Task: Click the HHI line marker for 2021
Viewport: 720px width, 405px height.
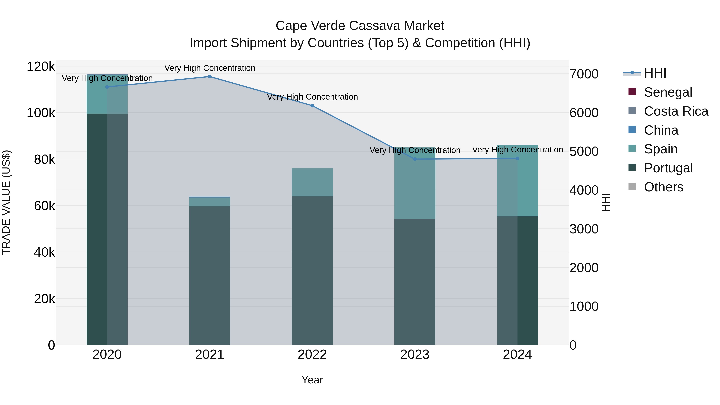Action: click(210, 77)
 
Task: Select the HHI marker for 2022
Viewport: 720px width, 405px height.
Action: click(312, 106)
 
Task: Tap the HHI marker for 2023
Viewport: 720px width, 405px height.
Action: click(415, 159)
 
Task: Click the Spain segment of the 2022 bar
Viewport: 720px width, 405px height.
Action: click(312, 182)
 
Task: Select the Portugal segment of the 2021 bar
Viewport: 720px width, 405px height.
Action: click(210, 275)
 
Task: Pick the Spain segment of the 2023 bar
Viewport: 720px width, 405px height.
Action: click(415, 183)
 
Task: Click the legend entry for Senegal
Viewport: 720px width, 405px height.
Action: click(668, 92)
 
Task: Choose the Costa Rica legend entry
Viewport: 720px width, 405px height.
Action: click(676, 111)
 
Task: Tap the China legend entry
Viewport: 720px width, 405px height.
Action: click(661, 130)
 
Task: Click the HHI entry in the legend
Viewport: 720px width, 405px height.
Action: click(655, 73)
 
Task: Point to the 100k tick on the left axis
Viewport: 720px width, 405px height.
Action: click(41, 113)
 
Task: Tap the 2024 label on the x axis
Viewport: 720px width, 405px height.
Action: click(517, 355)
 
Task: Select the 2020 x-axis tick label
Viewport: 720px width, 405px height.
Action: click(107, 355)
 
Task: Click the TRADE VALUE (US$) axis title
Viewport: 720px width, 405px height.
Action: click(6, 202)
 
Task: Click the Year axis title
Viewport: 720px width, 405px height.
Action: click(312, 380)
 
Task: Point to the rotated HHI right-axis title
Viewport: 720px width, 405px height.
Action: click(605, 202)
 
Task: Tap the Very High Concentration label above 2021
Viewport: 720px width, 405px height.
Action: click(210, 68)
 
